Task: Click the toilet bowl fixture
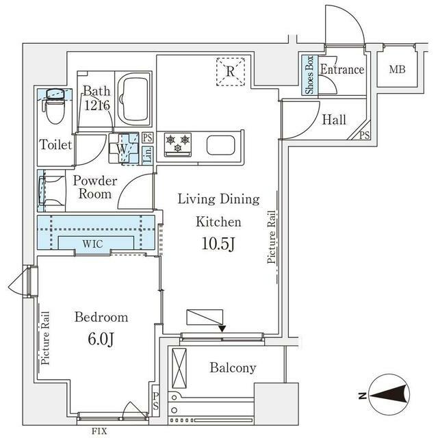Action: (55, 107)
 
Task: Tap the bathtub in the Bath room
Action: (133, 99)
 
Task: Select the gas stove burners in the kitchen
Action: (178, 144)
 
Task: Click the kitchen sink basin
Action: (220, 145)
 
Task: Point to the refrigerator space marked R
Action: (231, 71)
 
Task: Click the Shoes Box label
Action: (309, 75)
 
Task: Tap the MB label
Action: (397, 70)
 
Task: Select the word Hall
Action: (334, 120)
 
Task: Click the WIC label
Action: (93, 244)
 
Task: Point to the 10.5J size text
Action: (218, 244)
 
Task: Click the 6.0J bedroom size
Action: (101, 339)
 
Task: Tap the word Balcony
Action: (233, 368)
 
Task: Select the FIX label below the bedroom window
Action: (99, 431)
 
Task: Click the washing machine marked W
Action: (123, 148)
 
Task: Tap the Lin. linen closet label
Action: (148, 155)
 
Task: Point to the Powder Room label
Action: (95, 188)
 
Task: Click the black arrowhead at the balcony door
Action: (222, 328)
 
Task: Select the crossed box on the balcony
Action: (179, 368)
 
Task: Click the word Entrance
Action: (342, 70)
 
